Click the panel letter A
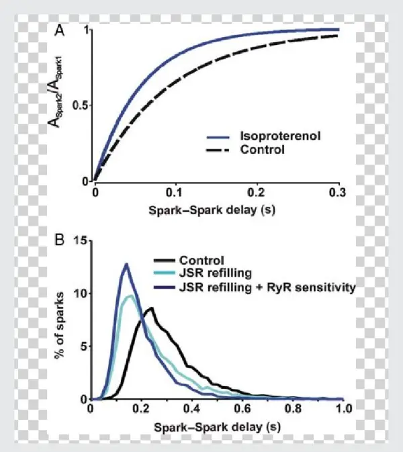(61, 30)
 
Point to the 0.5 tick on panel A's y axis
(80, 105)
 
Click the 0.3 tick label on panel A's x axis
(337, 192)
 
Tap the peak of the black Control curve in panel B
(152, 308)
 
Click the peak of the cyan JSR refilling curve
(130, 296)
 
